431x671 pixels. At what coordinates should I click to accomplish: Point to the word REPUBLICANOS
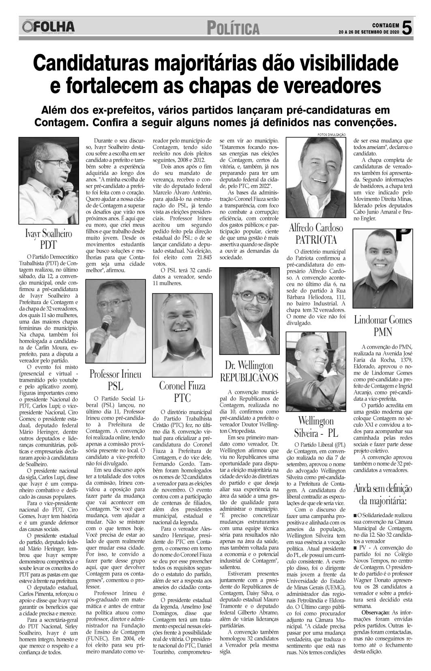click(x=249, y=378)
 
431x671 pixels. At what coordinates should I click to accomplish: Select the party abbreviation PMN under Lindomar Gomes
click(x=382, y=332)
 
